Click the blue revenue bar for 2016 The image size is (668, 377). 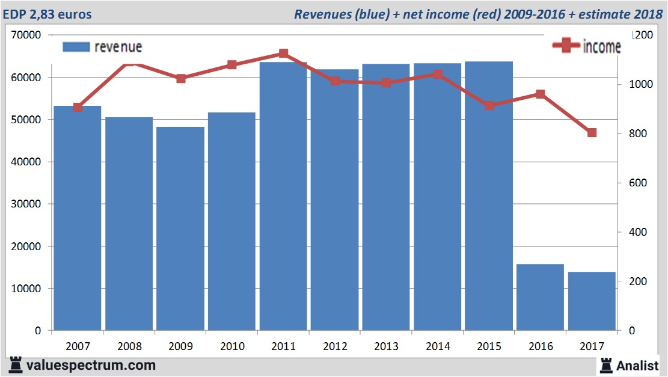click(x=540, y=297)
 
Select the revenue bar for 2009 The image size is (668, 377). click(x=181, y=228)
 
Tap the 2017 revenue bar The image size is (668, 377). click(x=592, y=301)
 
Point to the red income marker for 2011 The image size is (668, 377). click(x=284, y=54)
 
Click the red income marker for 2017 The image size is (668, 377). click(x=592, y=133)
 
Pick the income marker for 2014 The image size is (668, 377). click(x=438, y=75)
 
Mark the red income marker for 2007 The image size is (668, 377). click(x=78, y=108)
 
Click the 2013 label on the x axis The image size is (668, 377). click(x=386, y=346)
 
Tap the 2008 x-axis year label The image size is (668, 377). click(x=129, y=346)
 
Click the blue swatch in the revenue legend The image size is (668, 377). click(x=76, y=47)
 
